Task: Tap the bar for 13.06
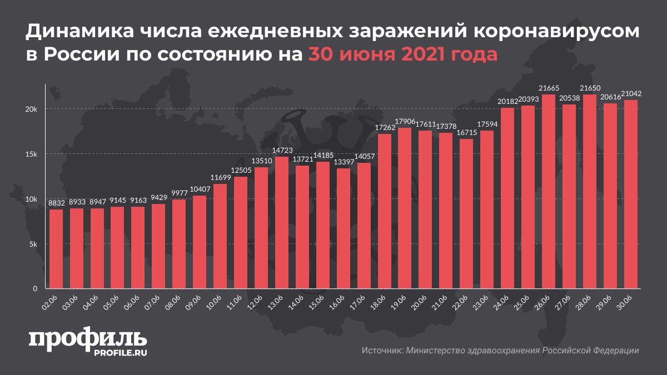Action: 282,223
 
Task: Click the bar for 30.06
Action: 631,194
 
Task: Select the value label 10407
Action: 200,190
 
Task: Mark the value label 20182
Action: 507,102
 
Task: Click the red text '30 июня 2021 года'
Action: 403,55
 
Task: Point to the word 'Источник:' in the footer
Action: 382,351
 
